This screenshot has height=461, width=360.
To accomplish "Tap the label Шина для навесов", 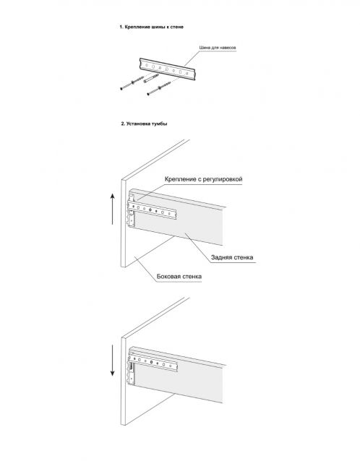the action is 218,48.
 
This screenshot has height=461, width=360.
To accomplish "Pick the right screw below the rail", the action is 160,88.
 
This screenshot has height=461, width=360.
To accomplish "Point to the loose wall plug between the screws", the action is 151,79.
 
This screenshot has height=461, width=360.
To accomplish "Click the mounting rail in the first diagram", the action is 169,69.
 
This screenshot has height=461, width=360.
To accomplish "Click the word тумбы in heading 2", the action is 160,124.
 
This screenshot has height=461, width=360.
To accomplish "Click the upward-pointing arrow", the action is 112,209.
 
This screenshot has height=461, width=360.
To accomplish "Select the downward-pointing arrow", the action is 112,361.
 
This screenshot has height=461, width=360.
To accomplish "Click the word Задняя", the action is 221,257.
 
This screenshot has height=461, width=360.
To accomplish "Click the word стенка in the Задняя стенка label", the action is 243,257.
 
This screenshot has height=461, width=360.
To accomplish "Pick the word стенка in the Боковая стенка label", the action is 192,276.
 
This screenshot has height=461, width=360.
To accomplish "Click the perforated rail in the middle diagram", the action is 153,210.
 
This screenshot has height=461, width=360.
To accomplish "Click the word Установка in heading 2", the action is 138,124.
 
